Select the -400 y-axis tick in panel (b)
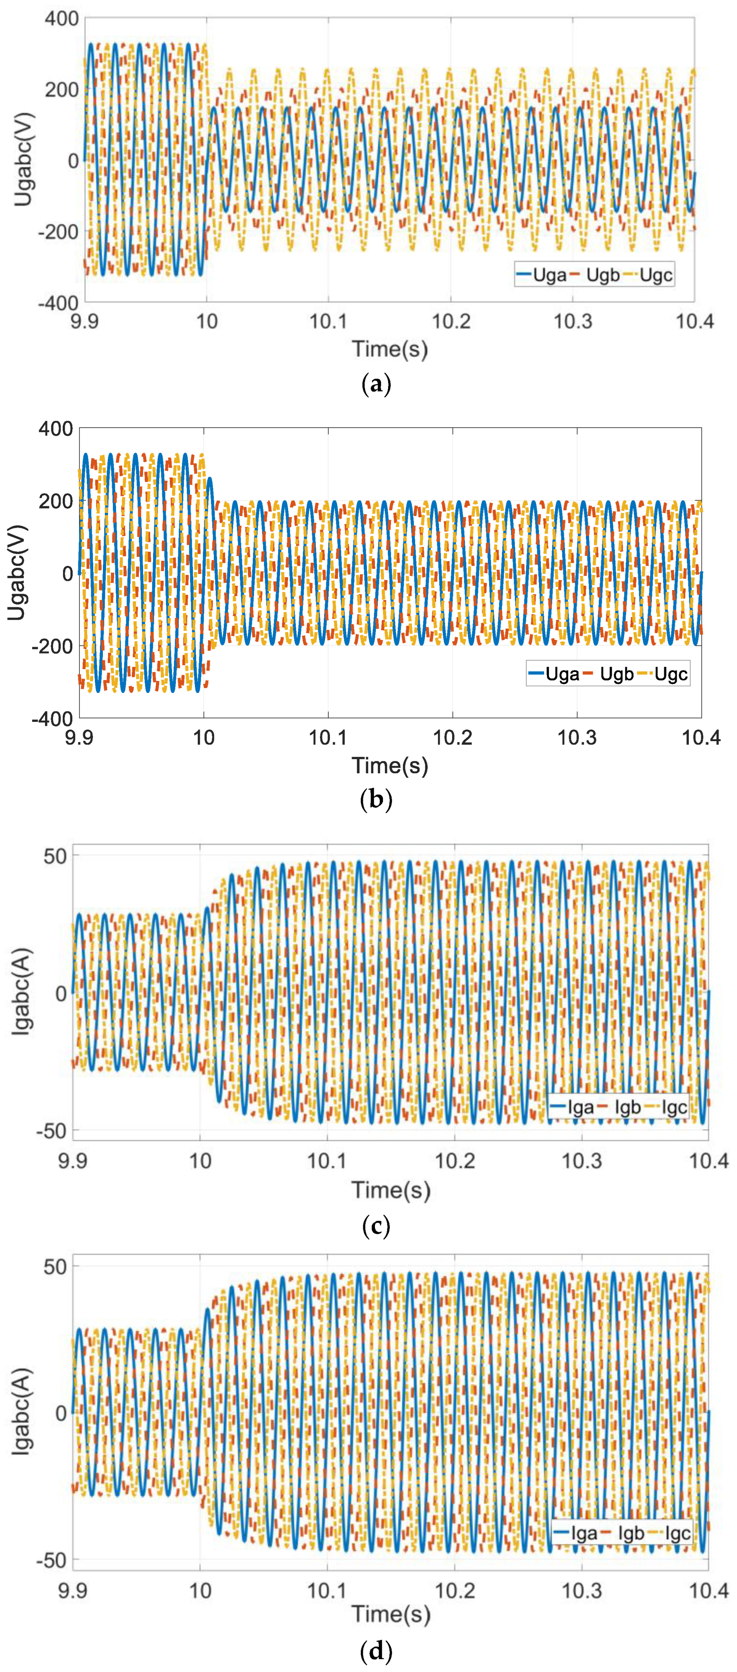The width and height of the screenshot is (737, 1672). point(52,719)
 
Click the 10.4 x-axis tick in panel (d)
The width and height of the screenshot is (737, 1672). point(708,1590)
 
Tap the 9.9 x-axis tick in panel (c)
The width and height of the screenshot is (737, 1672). point(73,1160)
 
